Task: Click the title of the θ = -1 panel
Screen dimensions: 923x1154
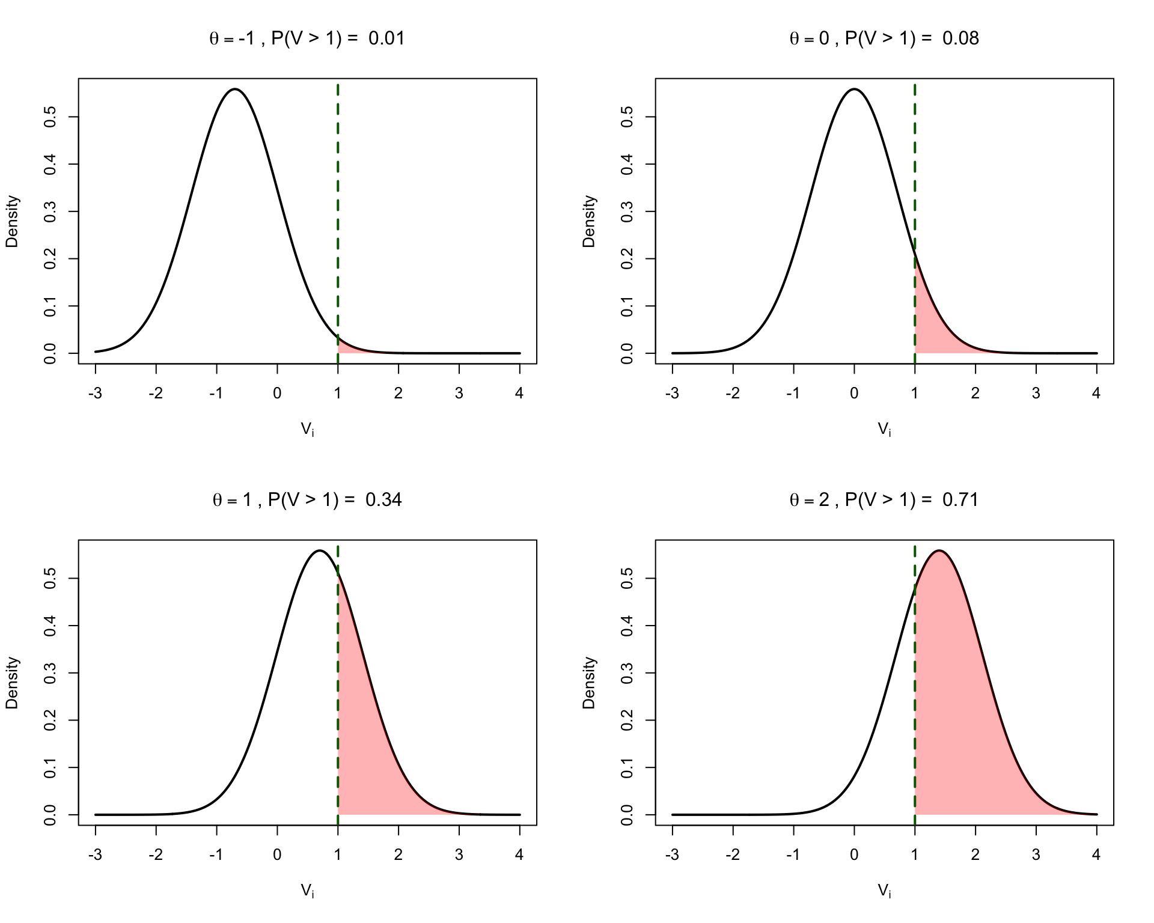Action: coord(307,38)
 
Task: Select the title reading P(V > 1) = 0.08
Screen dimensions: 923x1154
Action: coord(884,38)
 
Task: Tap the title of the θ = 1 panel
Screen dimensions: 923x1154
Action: coord(307,500)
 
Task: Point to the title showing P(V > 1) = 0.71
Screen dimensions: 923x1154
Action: coord(884,500)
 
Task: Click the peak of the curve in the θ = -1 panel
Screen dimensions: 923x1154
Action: coord(234,90)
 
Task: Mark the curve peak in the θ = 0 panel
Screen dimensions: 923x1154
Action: coord(854,90)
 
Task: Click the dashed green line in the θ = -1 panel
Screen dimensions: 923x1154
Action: coord(338,210)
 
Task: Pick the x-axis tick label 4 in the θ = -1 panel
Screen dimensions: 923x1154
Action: coord(519,394)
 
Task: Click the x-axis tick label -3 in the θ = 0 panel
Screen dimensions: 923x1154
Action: coord(672,394)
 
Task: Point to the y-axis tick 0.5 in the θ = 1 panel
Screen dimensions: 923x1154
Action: coord(50,579)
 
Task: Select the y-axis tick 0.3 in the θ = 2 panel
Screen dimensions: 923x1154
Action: coord(627,673)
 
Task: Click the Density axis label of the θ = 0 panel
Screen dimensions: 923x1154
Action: coord(589,221)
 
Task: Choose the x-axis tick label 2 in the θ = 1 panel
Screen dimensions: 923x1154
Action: coord(398,855)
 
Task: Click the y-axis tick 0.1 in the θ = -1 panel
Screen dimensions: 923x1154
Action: coord(50,306)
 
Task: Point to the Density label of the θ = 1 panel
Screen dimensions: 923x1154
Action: coord(12,683)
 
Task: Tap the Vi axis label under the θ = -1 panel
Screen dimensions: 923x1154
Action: coord(307,429)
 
